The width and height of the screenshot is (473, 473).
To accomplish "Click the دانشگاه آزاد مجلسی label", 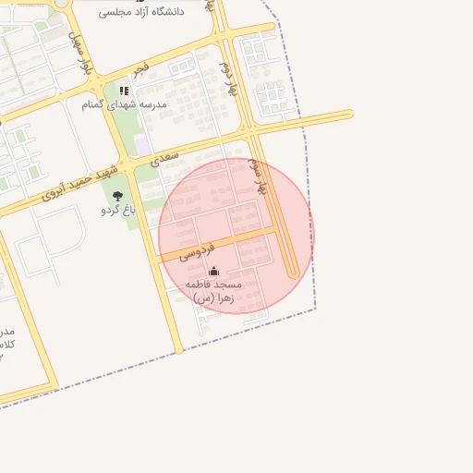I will tap(140, 11).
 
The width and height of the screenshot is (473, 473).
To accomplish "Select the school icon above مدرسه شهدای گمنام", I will tap(124, 91).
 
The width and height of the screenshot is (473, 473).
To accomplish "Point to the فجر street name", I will tap(140, 67).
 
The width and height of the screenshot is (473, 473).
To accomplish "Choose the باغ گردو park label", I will tap(118, 210).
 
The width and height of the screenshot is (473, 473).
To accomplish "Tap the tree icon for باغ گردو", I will tap(117, 196).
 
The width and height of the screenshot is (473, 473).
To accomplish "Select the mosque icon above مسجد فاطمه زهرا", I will tap(214, 270).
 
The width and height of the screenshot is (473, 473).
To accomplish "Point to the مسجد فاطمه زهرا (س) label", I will tap(212, 290).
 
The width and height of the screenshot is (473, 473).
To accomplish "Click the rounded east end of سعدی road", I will tap(348, 115).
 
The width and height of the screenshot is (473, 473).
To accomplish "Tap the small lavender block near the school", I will tap(142, 145).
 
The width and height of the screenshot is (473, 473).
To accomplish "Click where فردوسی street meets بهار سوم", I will tap(273, 230).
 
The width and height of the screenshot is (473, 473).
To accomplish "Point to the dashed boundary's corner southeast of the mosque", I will tap(316, 309).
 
